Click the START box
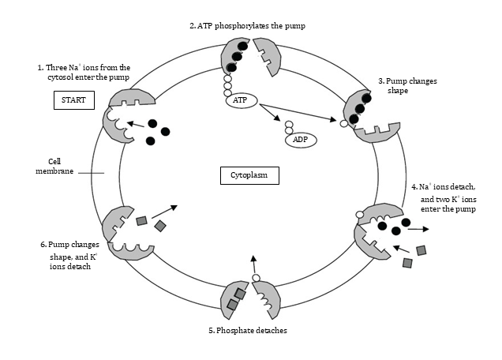click(73, 100)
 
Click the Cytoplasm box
click(249, 175)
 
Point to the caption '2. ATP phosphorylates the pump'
click(247, 26)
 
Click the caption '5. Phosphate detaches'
click(247, 330)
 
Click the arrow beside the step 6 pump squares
click(164, 211)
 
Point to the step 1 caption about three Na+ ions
click(84, 73)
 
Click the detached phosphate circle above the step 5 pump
click(255, 279)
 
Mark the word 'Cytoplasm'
click(249, 175)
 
